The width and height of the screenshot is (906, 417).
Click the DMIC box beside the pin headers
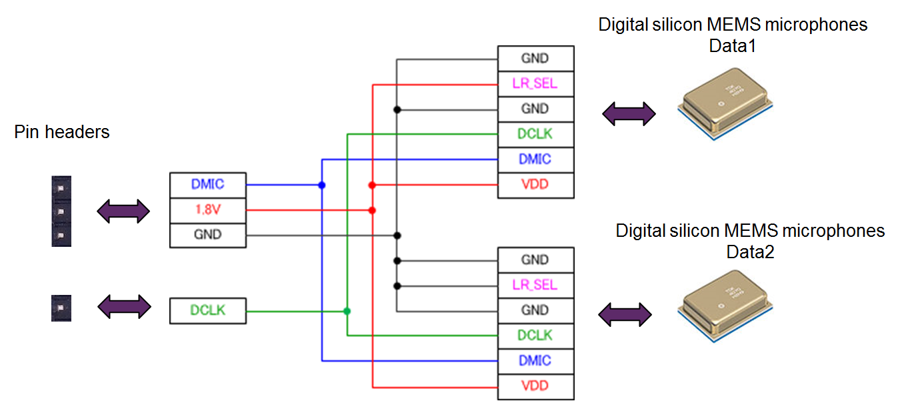tap(207, 185)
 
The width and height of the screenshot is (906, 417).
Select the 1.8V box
tap(207, 210)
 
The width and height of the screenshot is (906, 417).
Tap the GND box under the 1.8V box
tap(207, 235)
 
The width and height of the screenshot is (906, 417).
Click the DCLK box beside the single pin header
tap(207, 310)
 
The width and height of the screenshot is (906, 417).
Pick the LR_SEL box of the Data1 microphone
tap(535, 84)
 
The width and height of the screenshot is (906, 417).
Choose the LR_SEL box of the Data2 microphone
tap(535, 285)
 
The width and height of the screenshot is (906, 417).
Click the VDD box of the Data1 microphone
tap(535, 184)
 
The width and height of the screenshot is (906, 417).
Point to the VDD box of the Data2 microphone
tap(535, 386)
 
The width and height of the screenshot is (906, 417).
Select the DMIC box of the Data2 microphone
tap(535, 360)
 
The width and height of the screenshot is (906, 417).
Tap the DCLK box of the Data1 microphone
tap(535, 134)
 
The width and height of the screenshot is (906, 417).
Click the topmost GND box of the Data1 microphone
tap(535, 59)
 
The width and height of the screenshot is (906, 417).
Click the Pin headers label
tap(61, 132)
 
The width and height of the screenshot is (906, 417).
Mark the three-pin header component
tap(61, 212)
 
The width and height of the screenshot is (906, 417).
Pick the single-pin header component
tap(61, 308)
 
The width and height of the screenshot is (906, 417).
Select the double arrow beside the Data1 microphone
tap(629, 113)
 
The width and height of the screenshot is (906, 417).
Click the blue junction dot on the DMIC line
tap(322, 185)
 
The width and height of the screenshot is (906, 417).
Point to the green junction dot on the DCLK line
tap(347, 311)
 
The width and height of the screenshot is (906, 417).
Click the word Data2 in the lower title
tap(750, 252)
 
